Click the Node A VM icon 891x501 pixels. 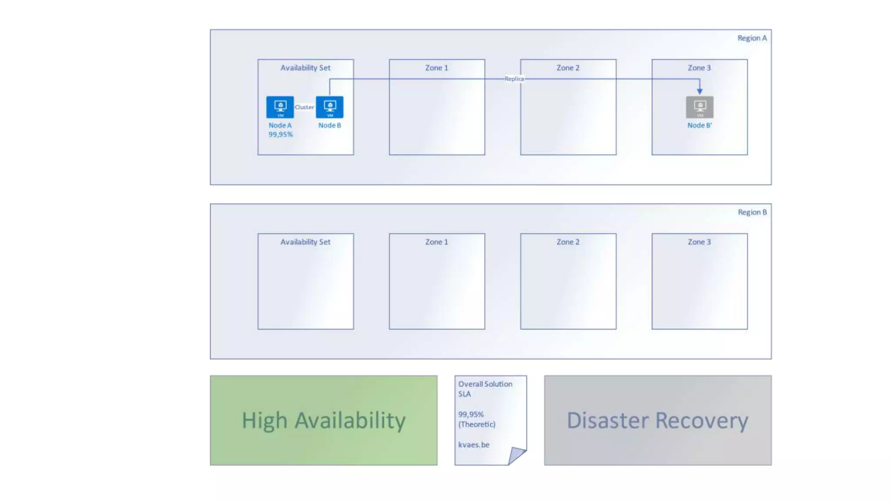click(280, 107)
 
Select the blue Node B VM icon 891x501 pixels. click(329, 107)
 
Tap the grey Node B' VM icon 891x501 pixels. click(700, 107)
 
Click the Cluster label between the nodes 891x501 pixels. click(305, 107)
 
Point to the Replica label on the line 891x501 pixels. click(514, 79)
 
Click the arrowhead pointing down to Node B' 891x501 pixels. click(700, 91)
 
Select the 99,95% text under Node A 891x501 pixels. click(281, 134)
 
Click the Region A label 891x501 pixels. click(752, 38)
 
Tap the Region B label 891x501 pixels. click(752, 212)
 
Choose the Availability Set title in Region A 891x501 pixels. click(305, 68)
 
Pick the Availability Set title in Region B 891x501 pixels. click(305, 242)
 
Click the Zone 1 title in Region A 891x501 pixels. click(436, 68)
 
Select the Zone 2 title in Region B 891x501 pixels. click(568, 242)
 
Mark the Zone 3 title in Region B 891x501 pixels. click(699, 242)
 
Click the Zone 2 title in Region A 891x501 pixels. click(568, 68)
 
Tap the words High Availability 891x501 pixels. click(324, 421)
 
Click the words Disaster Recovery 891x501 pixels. click(657, 421)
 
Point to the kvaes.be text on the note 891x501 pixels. click(474, 444)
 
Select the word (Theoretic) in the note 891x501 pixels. click(477, 424)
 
